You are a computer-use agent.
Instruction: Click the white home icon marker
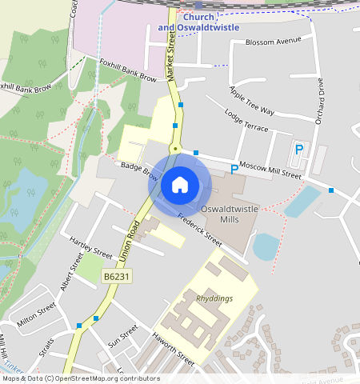point(180,185)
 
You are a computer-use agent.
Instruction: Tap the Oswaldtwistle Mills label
point(230,214)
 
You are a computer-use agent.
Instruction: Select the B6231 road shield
point(117,276)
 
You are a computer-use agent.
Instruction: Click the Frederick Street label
point(199,229)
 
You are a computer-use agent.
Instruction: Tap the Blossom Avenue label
point(271,41)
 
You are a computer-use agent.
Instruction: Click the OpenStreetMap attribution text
point(80,378)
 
